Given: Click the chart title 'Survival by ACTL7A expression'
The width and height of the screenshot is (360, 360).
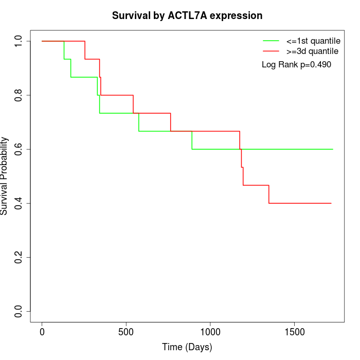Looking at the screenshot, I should point(187,15).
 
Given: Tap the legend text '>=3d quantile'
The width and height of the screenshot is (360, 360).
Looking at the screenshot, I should point(312,51).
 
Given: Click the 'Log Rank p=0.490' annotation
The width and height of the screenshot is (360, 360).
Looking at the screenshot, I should point(296,65).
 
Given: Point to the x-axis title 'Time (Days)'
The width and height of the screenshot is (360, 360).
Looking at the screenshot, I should point(187,347).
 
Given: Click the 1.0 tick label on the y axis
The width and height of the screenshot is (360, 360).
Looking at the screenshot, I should point(19,41).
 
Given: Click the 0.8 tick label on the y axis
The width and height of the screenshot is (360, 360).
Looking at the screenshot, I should point(19,95).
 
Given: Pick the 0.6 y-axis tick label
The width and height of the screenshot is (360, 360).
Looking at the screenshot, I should point(19,149).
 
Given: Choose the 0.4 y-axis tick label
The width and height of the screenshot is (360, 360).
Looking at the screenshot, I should point(19,203).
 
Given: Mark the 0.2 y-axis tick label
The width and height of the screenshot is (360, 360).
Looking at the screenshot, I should point(19,257).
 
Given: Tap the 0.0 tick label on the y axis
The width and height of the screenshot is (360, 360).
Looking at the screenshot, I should point(19,311).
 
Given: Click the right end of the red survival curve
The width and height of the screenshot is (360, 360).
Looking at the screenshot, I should point(331,203).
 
